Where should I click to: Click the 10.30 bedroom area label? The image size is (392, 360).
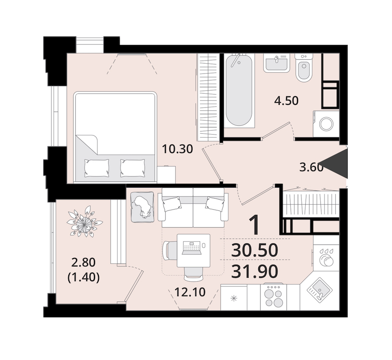coord(177,149)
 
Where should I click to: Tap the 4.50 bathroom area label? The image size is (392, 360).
coord(286,101)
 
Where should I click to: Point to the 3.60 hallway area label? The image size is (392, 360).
coord(311,167)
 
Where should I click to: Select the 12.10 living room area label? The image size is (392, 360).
coord(190,292)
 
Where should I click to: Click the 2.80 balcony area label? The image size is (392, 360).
coord(84,262)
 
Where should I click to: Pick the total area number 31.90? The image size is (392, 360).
coord(254,272)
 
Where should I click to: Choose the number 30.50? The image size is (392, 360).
coord(254,250)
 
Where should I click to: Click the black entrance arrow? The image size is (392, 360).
coord(336,163)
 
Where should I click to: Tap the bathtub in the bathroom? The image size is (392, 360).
coord(239,91)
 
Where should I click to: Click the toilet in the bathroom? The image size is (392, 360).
coord(304,67)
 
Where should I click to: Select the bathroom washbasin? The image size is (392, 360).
coord(276,63)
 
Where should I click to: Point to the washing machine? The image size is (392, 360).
coord(326,124)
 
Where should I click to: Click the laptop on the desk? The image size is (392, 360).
coord(192,248)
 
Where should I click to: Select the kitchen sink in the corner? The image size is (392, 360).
coord(320,290)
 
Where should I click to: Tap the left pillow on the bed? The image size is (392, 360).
coord(97,168)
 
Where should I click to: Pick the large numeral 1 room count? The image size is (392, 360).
coord(255,225)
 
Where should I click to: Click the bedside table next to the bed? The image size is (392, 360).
coord(166,175)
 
